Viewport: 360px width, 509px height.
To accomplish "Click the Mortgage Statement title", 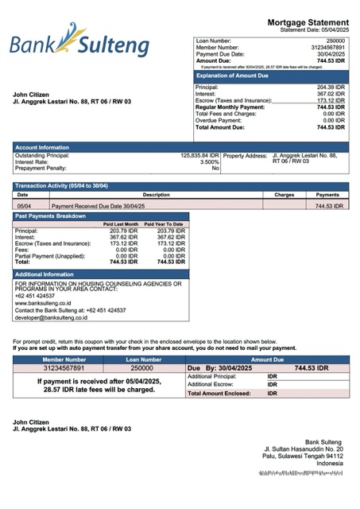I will pos(308,22).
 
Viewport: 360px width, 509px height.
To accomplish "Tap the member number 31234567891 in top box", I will pos(328,47).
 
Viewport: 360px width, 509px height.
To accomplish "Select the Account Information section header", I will pos(42,147).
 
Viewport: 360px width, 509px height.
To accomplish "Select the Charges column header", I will pos(284,194).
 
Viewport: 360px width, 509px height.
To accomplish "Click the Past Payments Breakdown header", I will pos(50,216).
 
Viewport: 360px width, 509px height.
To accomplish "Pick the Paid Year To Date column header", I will pos(164,224).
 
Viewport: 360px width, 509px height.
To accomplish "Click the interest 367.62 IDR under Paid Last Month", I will pos(123,237).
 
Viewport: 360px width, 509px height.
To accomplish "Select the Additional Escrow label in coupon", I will pos(211,384).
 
